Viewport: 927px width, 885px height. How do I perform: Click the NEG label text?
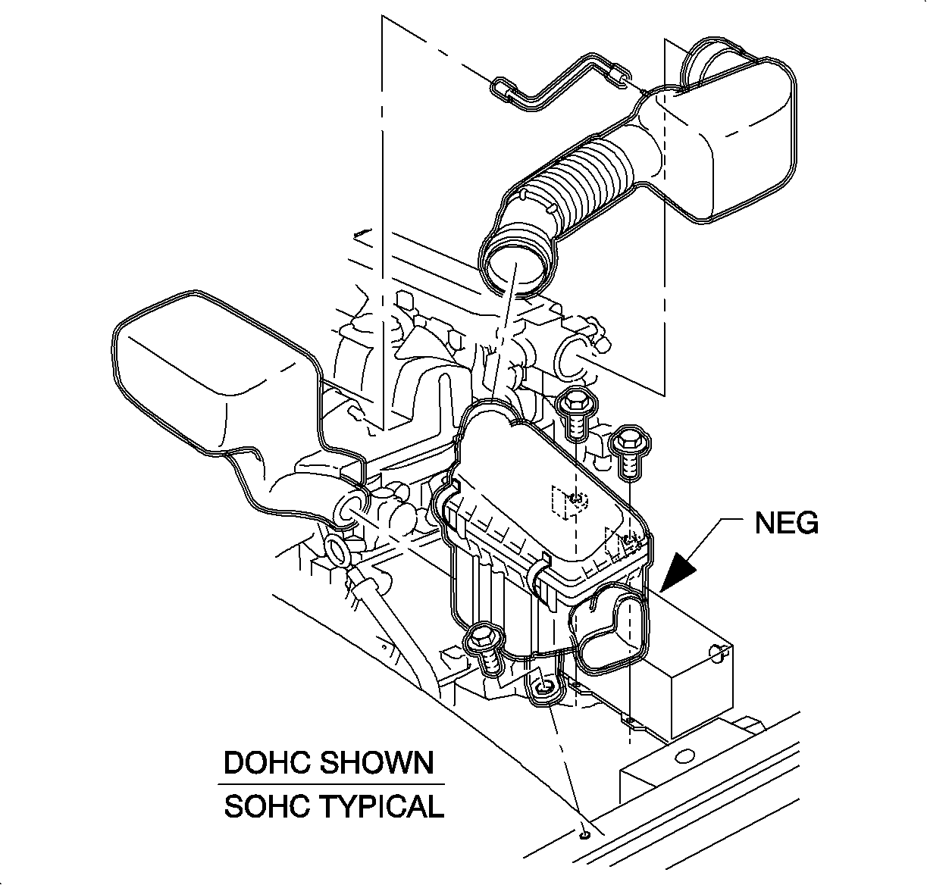pyautogui.click(x=786, y=523)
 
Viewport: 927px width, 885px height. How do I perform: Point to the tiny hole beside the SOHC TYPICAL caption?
pyautogui.click(x=584, y=835)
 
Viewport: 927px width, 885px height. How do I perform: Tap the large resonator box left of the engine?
pyautogui.click(x=205, y=379)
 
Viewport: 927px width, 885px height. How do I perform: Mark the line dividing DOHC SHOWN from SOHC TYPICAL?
pyautogui.click(x=332, y=784)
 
